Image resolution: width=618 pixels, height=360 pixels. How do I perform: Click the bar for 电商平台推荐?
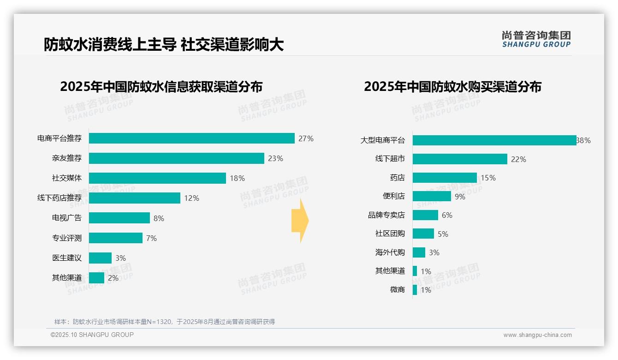tap(191, 138)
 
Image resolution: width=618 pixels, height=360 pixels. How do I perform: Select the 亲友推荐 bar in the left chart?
tap(176, 158)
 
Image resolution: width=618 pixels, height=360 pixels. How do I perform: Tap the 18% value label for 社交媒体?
tap(237, 178)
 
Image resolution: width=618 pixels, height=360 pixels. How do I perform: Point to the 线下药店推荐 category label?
tap(59, 198)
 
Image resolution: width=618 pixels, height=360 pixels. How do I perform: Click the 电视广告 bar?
tap(119, 218)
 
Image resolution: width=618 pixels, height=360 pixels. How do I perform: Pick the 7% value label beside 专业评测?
tap(151, 238)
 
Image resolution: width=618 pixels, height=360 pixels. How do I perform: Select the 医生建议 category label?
tap(67, 258)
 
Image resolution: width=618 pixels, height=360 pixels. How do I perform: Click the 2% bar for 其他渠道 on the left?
tap(96, 278)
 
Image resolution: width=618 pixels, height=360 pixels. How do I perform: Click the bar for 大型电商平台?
tap(494, 140)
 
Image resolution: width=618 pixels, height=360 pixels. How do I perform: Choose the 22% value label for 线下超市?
tap(518, 159)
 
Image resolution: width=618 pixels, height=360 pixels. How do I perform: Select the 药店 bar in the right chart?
tap(445, 178)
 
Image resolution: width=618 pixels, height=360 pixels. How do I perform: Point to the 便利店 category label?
tap(394, 196)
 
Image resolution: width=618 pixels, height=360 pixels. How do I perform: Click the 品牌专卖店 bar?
tap(425, 215)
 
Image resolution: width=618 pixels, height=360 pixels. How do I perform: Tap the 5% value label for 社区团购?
tap(443, 234)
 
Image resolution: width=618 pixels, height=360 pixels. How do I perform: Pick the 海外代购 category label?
tap(390, 252)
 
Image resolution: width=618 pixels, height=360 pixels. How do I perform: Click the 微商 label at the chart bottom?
tap(398, 290)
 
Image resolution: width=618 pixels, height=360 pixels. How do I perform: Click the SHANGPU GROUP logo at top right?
tap(536, 39)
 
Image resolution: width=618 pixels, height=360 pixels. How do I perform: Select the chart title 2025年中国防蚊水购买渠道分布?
tap(452, 87)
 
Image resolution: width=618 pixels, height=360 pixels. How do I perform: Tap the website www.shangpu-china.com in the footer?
tap(537, 335)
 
